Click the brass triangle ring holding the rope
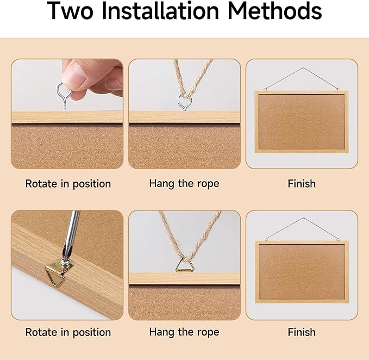184,265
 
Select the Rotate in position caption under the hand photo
68,184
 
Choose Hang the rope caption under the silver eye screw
184,184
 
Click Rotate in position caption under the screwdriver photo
68,332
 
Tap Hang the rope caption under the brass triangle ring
184,332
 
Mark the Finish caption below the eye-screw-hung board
302,184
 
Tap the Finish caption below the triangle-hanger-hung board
302,332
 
